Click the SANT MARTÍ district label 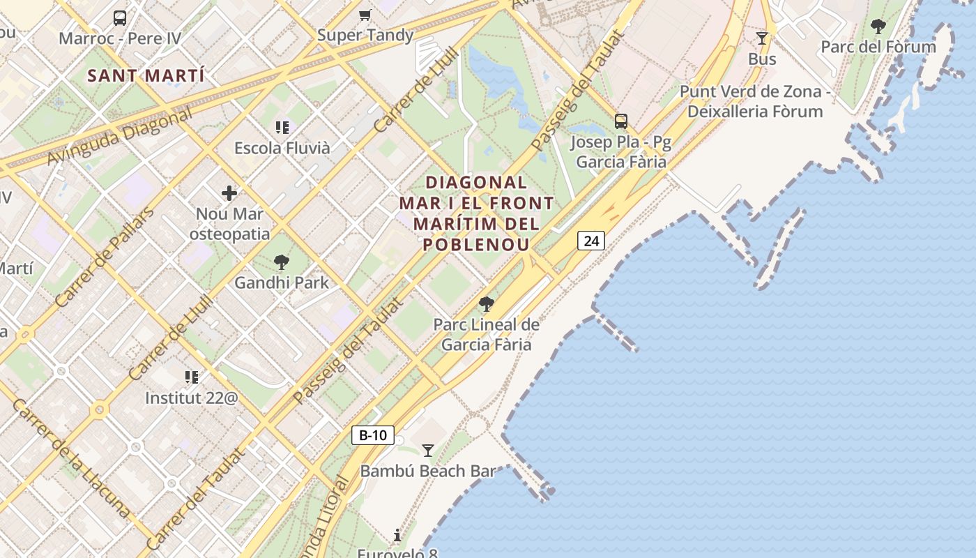146,75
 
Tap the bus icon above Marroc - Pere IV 120,18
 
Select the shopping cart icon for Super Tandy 365,15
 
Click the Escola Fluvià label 282,148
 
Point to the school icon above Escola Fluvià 282,127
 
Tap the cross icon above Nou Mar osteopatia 229,193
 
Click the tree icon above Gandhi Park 282,262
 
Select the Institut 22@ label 192,398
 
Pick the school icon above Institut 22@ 192,377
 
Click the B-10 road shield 372,435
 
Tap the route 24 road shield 591,241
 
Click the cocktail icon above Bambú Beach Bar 428,451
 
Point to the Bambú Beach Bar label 428,471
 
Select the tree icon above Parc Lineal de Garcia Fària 487,304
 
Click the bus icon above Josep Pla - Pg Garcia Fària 621,121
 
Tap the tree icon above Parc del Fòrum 878,27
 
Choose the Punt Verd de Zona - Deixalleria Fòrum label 755,102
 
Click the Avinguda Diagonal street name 119,137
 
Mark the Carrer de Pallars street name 104,257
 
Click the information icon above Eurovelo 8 397,535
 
